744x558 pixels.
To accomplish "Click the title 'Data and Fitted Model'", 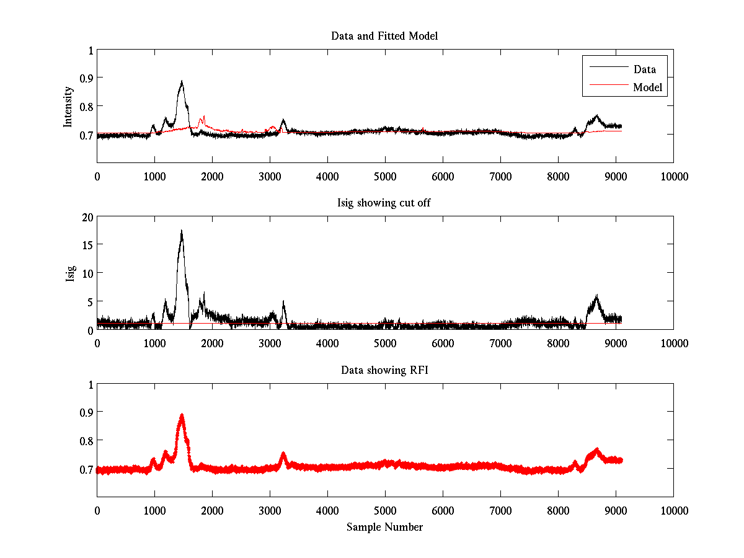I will [x=384, y=36].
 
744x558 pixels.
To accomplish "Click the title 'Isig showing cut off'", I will [x=384, y=203].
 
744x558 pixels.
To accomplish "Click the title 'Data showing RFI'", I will [x=384, y=370].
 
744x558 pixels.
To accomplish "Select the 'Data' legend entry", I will [x=644, y=69].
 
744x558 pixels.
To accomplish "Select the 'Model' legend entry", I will [x=647, y=87].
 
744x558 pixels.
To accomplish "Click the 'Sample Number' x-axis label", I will [x=384, y=527].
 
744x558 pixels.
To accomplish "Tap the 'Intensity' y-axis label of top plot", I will [x=69, y=106].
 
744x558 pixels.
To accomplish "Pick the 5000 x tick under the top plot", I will [x=385, y=176].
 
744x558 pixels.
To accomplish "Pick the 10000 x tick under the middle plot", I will [x=673, y=343].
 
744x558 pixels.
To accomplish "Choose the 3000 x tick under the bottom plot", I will [x=270, y=510].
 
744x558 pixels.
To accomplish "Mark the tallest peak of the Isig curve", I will [x=182, y=231].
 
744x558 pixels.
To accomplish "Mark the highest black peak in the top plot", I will [x=182, y=81].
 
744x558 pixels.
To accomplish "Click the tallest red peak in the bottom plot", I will [x=182, y=415].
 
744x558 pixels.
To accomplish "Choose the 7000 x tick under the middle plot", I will [x=500, y=343].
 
